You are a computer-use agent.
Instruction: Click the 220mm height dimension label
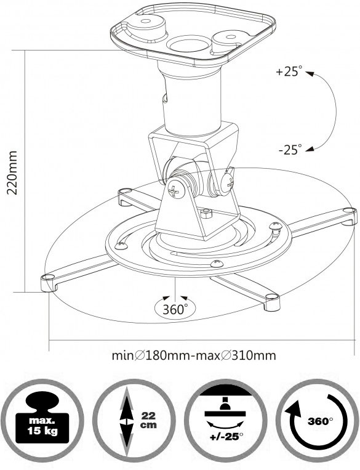12,173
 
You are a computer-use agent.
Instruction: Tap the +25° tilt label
289,72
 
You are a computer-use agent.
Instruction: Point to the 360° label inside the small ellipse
175,309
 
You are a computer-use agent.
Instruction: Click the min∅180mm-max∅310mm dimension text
194,355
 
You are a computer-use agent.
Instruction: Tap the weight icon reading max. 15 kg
42,421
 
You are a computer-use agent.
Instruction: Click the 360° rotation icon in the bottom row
317,421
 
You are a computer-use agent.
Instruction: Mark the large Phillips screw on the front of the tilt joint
177,189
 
